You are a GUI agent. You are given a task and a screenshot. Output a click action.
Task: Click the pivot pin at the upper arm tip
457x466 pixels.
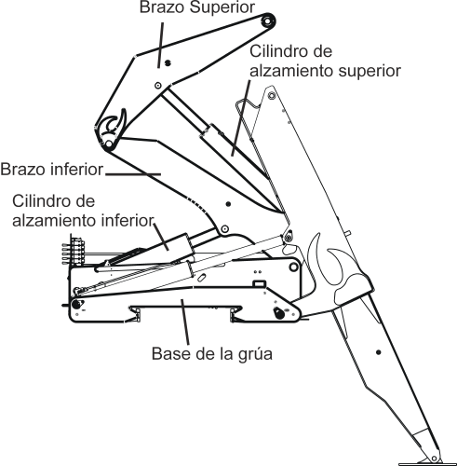pyautogui.click(x=267, y=21)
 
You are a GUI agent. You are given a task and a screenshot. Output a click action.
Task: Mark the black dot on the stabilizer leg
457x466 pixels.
pyautogui.click(x=377, y=351)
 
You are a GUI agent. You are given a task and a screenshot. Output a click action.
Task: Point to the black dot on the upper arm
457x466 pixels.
pyautogui.click(x=168, y=62)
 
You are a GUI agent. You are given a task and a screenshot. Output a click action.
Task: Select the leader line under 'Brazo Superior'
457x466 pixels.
pyautogui.click(x=160, y=37)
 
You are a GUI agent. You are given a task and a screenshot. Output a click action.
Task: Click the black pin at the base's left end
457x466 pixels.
pyautogui.click(x=74, y=305)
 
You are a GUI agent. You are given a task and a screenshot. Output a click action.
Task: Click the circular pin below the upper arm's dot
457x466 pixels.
pyautogui.click(x=159, y=86)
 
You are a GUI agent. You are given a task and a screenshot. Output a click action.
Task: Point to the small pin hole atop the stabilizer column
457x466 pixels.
pyautogui.click(x=270, y=94)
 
